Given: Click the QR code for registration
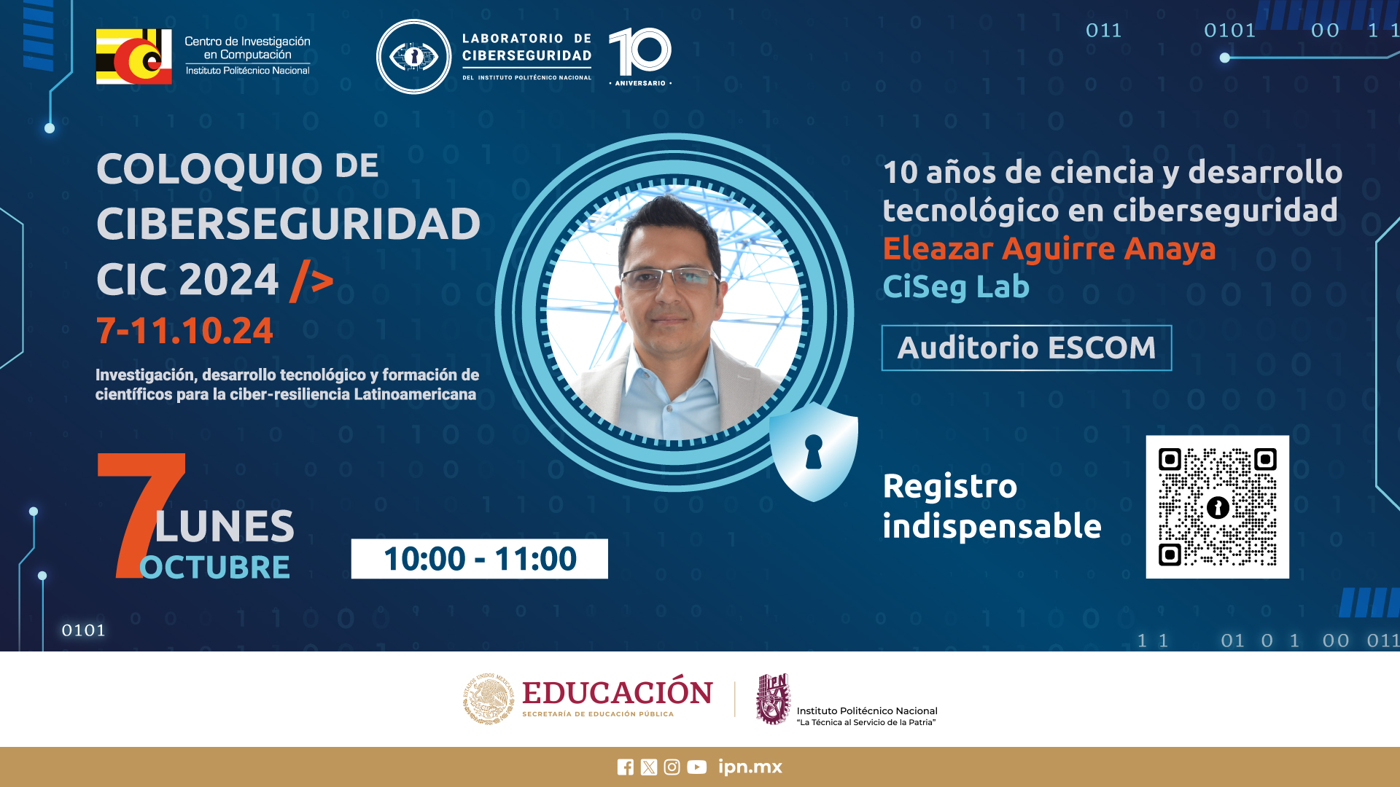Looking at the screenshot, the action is coord(1217,507).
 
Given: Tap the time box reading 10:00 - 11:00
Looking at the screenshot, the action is coord(479,559).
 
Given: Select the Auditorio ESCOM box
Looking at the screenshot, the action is coord(1027,348).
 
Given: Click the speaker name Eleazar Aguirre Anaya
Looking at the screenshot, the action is coord(1049,248).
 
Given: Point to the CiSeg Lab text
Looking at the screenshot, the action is coord(956,286).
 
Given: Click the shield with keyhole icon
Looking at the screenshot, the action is coord(814,452).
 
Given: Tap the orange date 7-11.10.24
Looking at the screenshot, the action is coord(184,331).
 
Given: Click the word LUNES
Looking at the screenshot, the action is coord(225,526).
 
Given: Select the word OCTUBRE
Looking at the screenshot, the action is coord(214,567).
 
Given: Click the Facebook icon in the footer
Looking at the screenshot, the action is coord(625,767).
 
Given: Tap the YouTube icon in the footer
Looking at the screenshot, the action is coord(696,767).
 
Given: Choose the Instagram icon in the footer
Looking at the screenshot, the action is coord(672,767).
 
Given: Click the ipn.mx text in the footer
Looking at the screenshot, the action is coord(750,767).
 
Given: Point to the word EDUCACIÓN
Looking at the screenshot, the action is coord(618,692).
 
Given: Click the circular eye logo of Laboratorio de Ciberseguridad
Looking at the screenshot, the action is coord(413,57).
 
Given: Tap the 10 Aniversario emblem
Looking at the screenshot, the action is coord(640,56).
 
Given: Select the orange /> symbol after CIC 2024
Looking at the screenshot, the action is coord(312,281).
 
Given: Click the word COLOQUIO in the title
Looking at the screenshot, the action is coord(209,169).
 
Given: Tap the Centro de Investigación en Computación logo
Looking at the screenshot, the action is coord(134,57).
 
